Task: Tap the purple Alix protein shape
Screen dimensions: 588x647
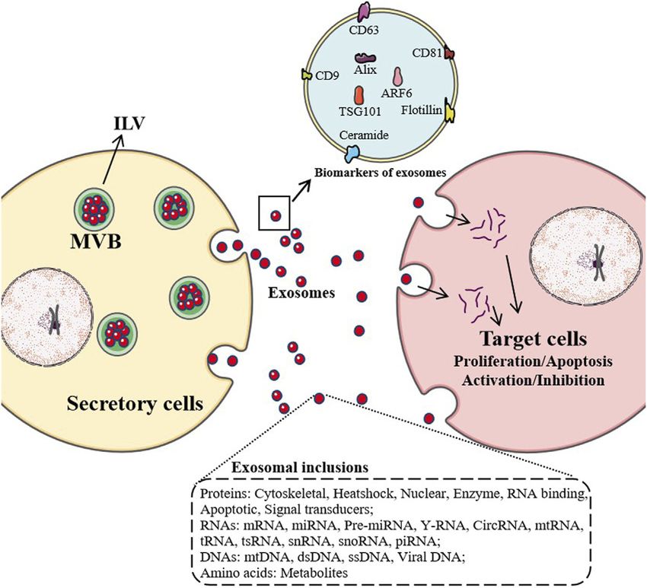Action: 365,57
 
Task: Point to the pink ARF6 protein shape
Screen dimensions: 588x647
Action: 397,76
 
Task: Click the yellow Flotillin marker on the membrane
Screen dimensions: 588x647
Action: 451,113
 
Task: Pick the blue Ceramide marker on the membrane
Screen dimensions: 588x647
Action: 355,151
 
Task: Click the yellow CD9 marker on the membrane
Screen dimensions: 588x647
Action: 306,75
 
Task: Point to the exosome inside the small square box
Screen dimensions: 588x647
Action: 276,215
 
